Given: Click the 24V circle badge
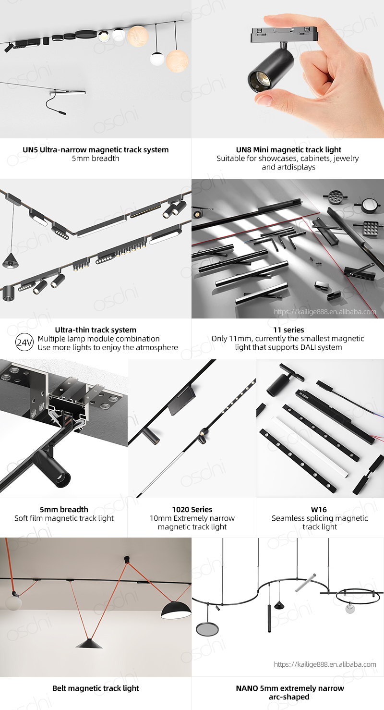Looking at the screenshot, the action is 24,343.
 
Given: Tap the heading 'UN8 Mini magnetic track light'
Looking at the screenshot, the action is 288,149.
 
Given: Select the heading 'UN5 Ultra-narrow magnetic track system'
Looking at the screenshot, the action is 96,149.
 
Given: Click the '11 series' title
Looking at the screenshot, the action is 288,330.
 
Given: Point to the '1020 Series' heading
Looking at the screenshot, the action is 192,509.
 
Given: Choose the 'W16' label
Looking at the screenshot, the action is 319,509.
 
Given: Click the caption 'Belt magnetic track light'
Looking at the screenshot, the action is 96,688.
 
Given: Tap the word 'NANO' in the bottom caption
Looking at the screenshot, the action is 247,688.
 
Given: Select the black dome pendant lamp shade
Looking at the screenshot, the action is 176,610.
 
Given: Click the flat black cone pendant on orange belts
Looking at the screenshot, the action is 89,644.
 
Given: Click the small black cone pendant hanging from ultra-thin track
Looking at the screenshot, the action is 10,260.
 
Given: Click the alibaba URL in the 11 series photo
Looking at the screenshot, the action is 325,312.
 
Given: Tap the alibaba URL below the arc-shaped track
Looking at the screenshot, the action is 325,664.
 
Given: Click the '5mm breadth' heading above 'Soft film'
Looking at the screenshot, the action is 64,509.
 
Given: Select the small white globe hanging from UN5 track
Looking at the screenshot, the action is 157,59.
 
